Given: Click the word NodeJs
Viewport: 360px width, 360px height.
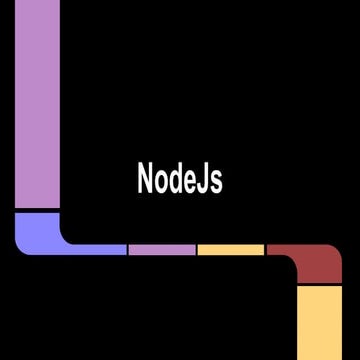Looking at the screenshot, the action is point(179,179).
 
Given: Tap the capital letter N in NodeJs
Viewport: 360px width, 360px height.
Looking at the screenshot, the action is point(145,179).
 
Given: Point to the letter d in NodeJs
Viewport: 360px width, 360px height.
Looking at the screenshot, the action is point(176,179).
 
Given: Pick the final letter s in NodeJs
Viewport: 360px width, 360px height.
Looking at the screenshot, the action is point(216,182).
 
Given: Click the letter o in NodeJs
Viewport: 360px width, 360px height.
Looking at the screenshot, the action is point(161,182).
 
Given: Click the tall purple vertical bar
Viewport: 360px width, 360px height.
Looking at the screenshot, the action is point(37,100).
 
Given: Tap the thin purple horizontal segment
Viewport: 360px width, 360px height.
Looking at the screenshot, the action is point(162,249).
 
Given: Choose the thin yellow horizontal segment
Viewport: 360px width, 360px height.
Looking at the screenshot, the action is point(231,249).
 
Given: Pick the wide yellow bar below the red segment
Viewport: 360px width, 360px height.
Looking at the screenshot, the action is point(320,322).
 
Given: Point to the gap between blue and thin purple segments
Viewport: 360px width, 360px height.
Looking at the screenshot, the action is point(128,249).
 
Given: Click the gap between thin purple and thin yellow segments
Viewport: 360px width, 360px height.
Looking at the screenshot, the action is point(197,249).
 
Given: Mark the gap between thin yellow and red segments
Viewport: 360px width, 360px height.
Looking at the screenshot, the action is point(266,249).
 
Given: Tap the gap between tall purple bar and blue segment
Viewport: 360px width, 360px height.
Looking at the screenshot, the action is point(37,210).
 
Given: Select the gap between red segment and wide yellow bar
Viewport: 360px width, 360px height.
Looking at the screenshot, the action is point(320,285).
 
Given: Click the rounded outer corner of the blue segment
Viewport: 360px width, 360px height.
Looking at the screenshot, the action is point(22,247).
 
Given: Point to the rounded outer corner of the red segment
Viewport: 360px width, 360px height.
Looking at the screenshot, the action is point(336,250).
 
